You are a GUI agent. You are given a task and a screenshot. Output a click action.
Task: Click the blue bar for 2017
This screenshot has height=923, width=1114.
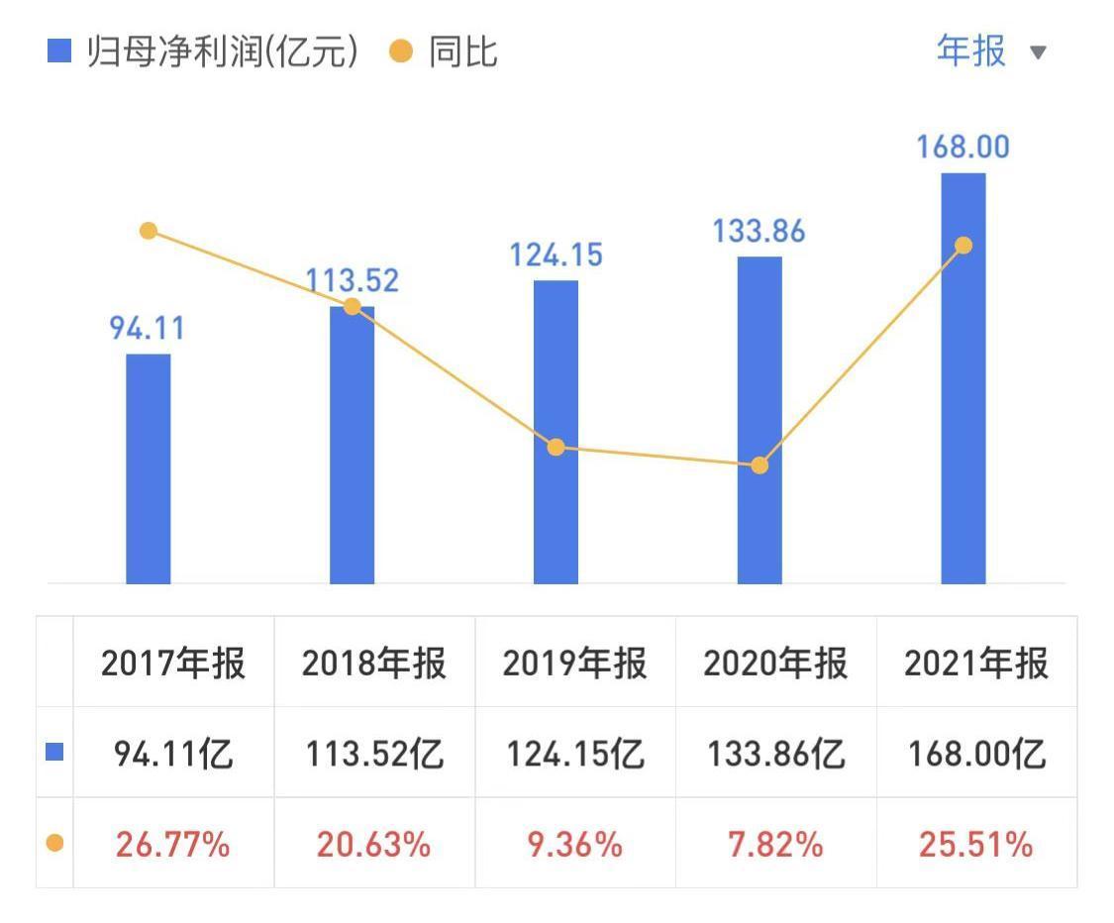click(x=149, y=468)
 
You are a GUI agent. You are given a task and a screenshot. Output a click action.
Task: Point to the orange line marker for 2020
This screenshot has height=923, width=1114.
click(x=760, y=465)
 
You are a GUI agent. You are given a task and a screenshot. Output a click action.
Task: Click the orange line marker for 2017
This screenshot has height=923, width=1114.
click(x=149, y=231)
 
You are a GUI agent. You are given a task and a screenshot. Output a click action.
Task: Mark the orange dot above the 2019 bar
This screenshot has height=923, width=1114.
click(x=556, y=448)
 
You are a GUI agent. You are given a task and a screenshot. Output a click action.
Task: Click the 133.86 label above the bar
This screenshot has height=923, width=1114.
click(x=760, y=232)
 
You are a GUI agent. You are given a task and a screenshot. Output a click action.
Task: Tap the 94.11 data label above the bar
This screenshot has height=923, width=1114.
click(x=147, y=328)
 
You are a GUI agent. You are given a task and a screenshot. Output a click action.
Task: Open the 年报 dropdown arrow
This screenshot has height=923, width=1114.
click(x=1038, y=52)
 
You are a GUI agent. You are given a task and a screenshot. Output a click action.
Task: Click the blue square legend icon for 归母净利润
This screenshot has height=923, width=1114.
click(x=59, y=51)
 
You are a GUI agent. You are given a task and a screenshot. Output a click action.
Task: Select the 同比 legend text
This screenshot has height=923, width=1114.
click(x=462, y=51)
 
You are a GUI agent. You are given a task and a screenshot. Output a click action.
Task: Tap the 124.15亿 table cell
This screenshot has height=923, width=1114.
click(x=575, y=755)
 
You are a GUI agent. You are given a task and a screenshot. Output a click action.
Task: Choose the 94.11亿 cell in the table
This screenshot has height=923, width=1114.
click(x=173, y=755)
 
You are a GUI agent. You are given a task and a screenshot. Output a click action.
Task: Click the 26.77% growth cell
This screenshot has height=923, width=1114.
click(x=173, y=845)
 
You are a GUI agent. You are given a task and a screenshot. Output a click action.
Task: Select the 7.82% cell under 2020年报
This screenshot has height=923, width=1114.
click(x=775, y=845)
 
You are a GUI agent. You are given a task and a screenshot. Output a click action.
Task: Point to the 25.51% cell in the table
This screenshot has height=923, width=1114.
click(x=975, y=845)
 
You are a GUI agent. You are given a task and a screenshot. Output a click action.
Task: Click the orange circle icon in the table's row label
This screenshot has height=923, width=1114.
click(x=55, y=844)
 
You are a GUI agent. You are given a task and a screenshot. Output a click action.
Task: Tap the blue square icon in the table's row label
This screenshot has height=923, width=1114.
click(x=55, y=753)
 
